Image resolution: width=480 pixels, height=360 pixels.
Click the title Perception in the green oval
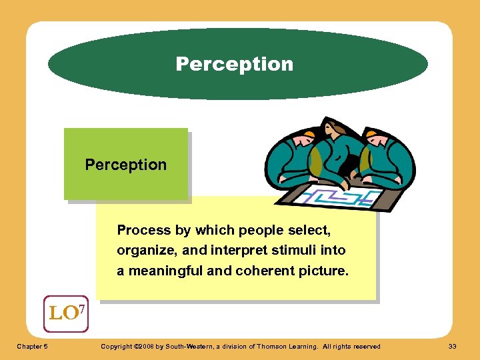(x=234, y=64)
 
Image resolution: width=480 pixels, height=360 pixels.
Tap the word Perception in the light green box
(x=125, y=165)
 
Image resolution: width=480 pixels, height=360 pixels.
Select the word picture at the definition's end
(x=325, y=271)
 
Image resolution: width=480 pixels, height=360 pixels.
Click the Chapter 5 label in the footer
(x=33, y=346)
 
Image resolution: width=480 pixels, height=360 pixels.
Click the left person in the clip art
(x=294, y=160)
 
